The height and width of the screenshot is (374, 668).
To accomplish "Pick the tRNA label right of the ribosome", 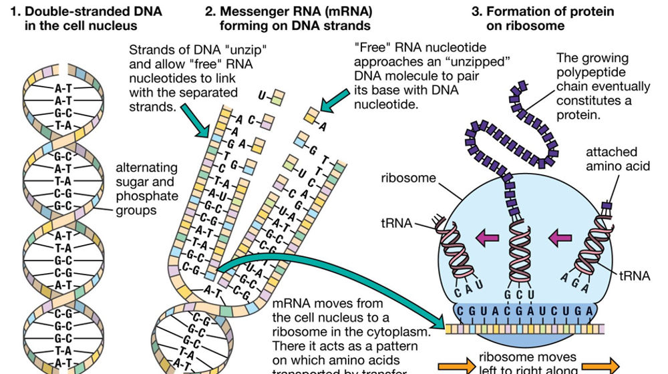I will click(x=634, y=274).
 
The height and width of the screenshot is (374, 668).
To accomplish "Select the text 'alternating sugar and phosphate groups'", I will click(x=146, y=188).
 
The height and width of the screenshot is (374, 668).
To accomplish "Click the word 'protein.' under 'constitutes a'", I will click(x=578, y=115).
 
